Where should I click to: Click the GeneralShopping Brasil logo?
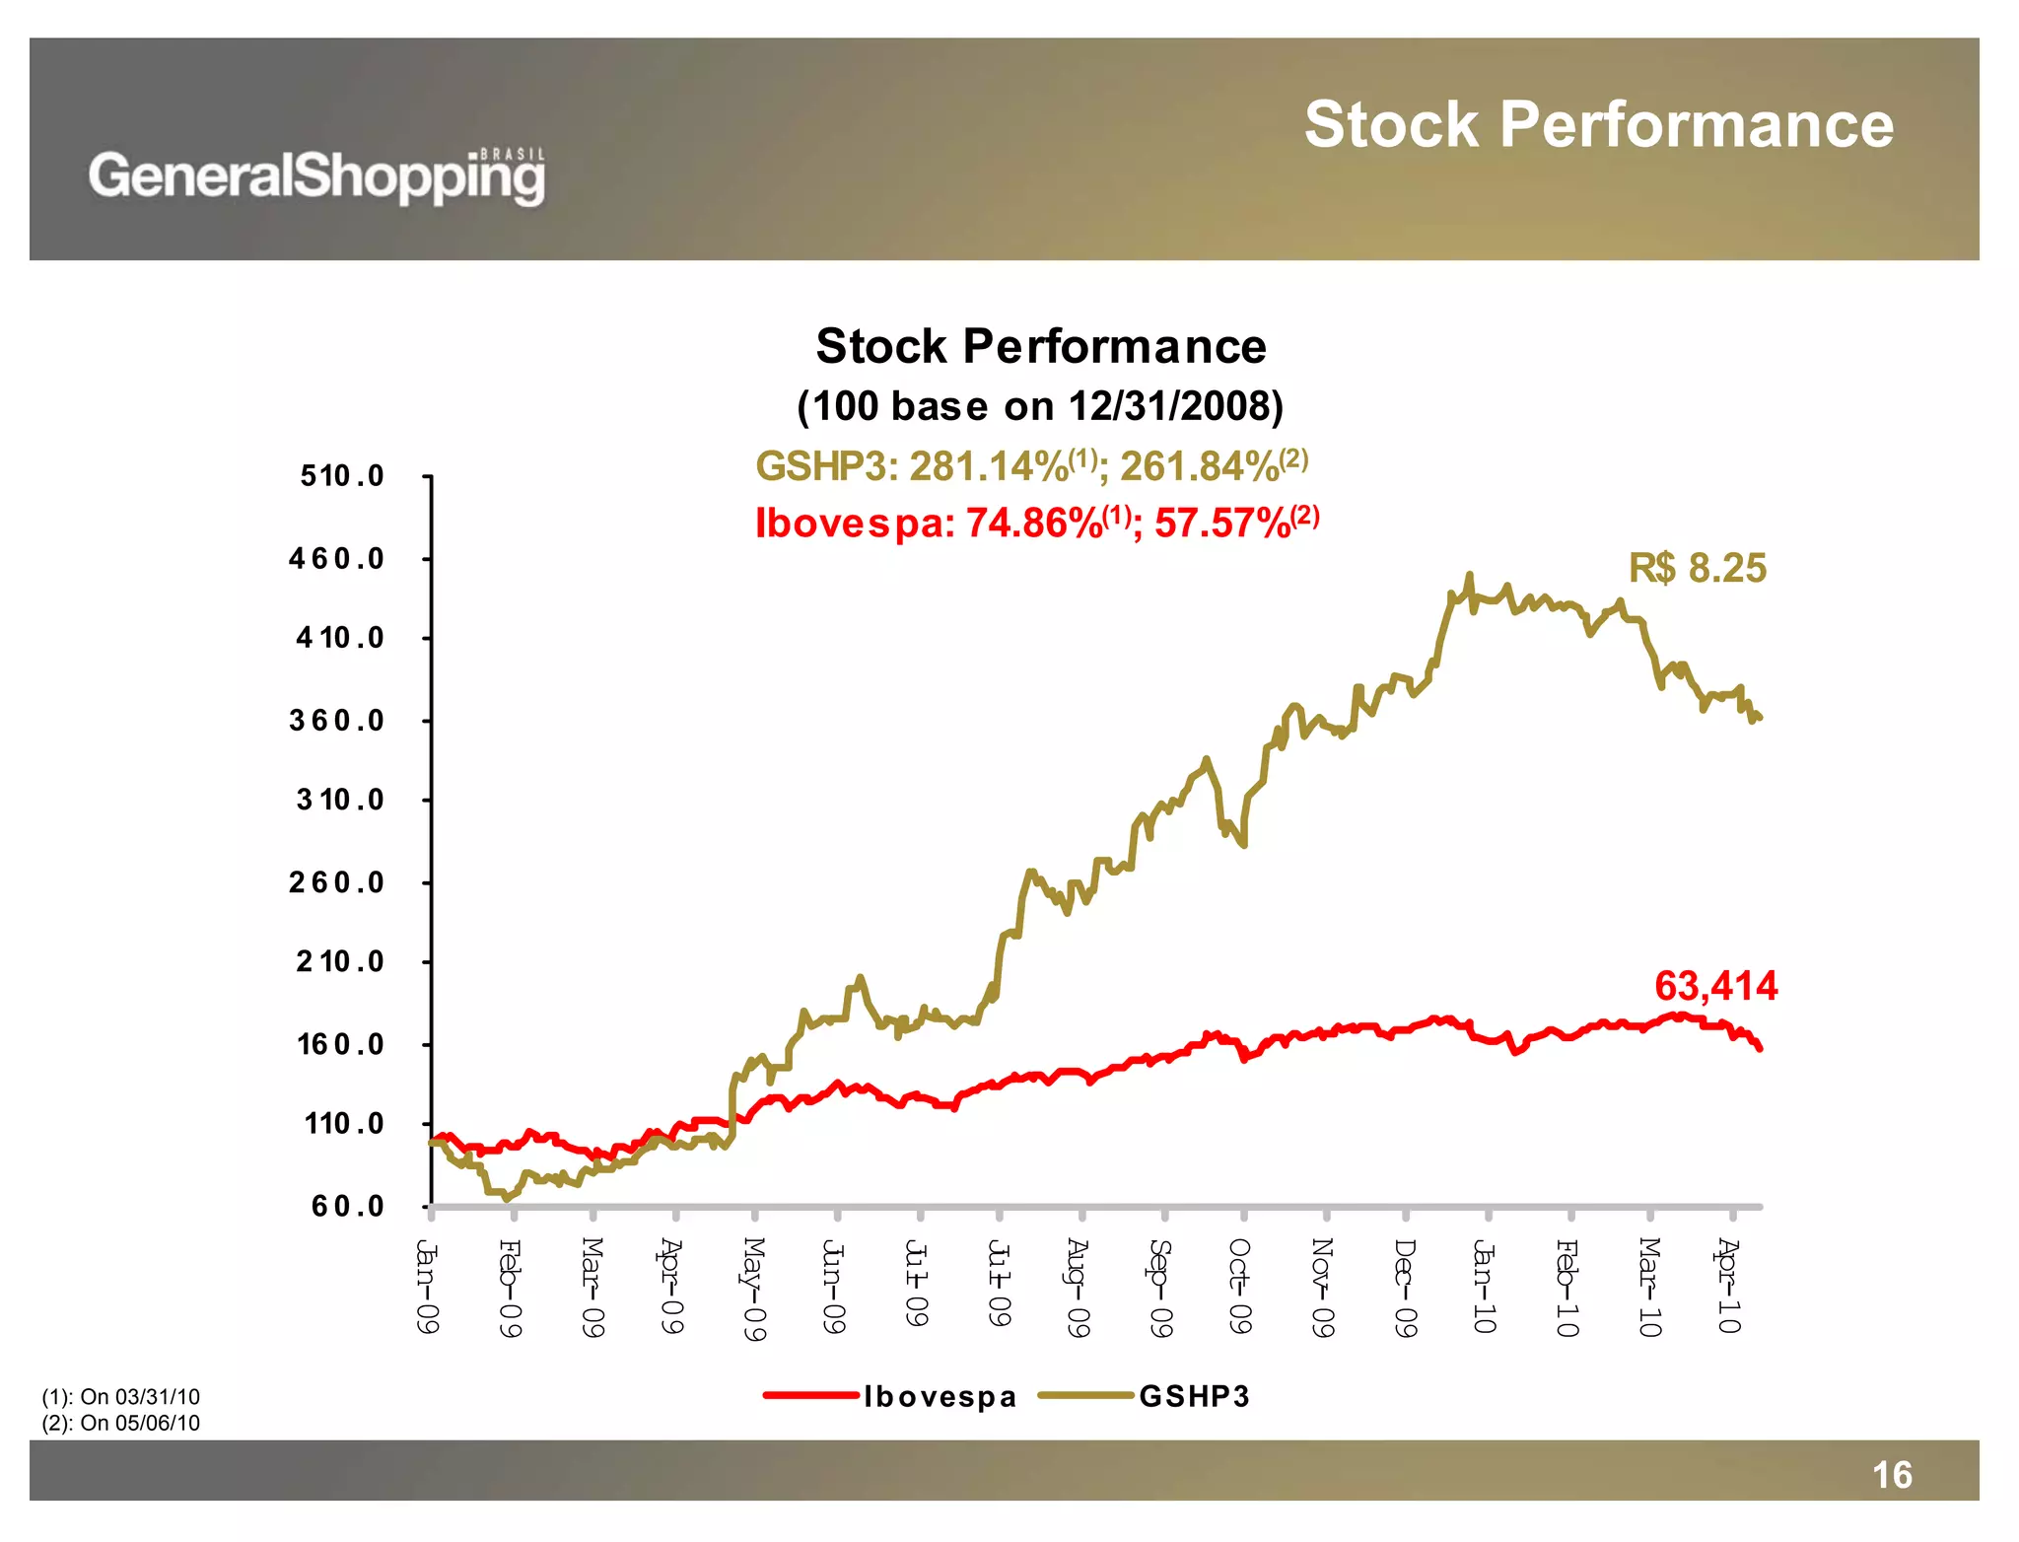click(x=316, y=176)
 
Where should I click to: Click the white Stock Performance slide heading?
click(x=1598, y=125)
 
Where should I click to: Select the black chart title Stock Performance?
click(x=1040, y=346)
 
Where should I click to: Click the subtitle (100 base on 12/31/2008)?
click(x=1040, y=406)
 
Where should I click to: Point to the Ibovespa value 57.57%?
click(x=1222, y=523)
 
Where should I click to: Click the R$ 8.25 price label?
click(x=1697, y=568)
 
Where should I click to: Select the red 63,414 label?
click(x=1715, y=986)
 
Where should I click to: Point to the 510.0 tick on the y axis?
click(x=342, y=476)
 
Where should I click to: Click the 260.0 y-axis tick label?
click(x=337, y=882)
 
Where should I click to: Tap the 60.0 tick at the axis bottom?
click(x=348, y=1206)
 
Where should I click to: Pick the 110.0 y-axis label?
click(x=344, y=1124)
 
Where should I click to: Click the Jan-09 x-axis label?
click(x=427, y=1287)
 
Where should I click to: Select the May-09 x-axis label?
click(x=754, y=1290)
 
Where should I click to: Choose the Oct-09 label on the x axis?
click(x=1240, y=1287)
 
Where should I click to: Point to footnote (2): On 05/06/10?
click(x=121, y=1423)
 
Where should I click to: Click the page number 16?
click(x=1892, y=1475)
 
